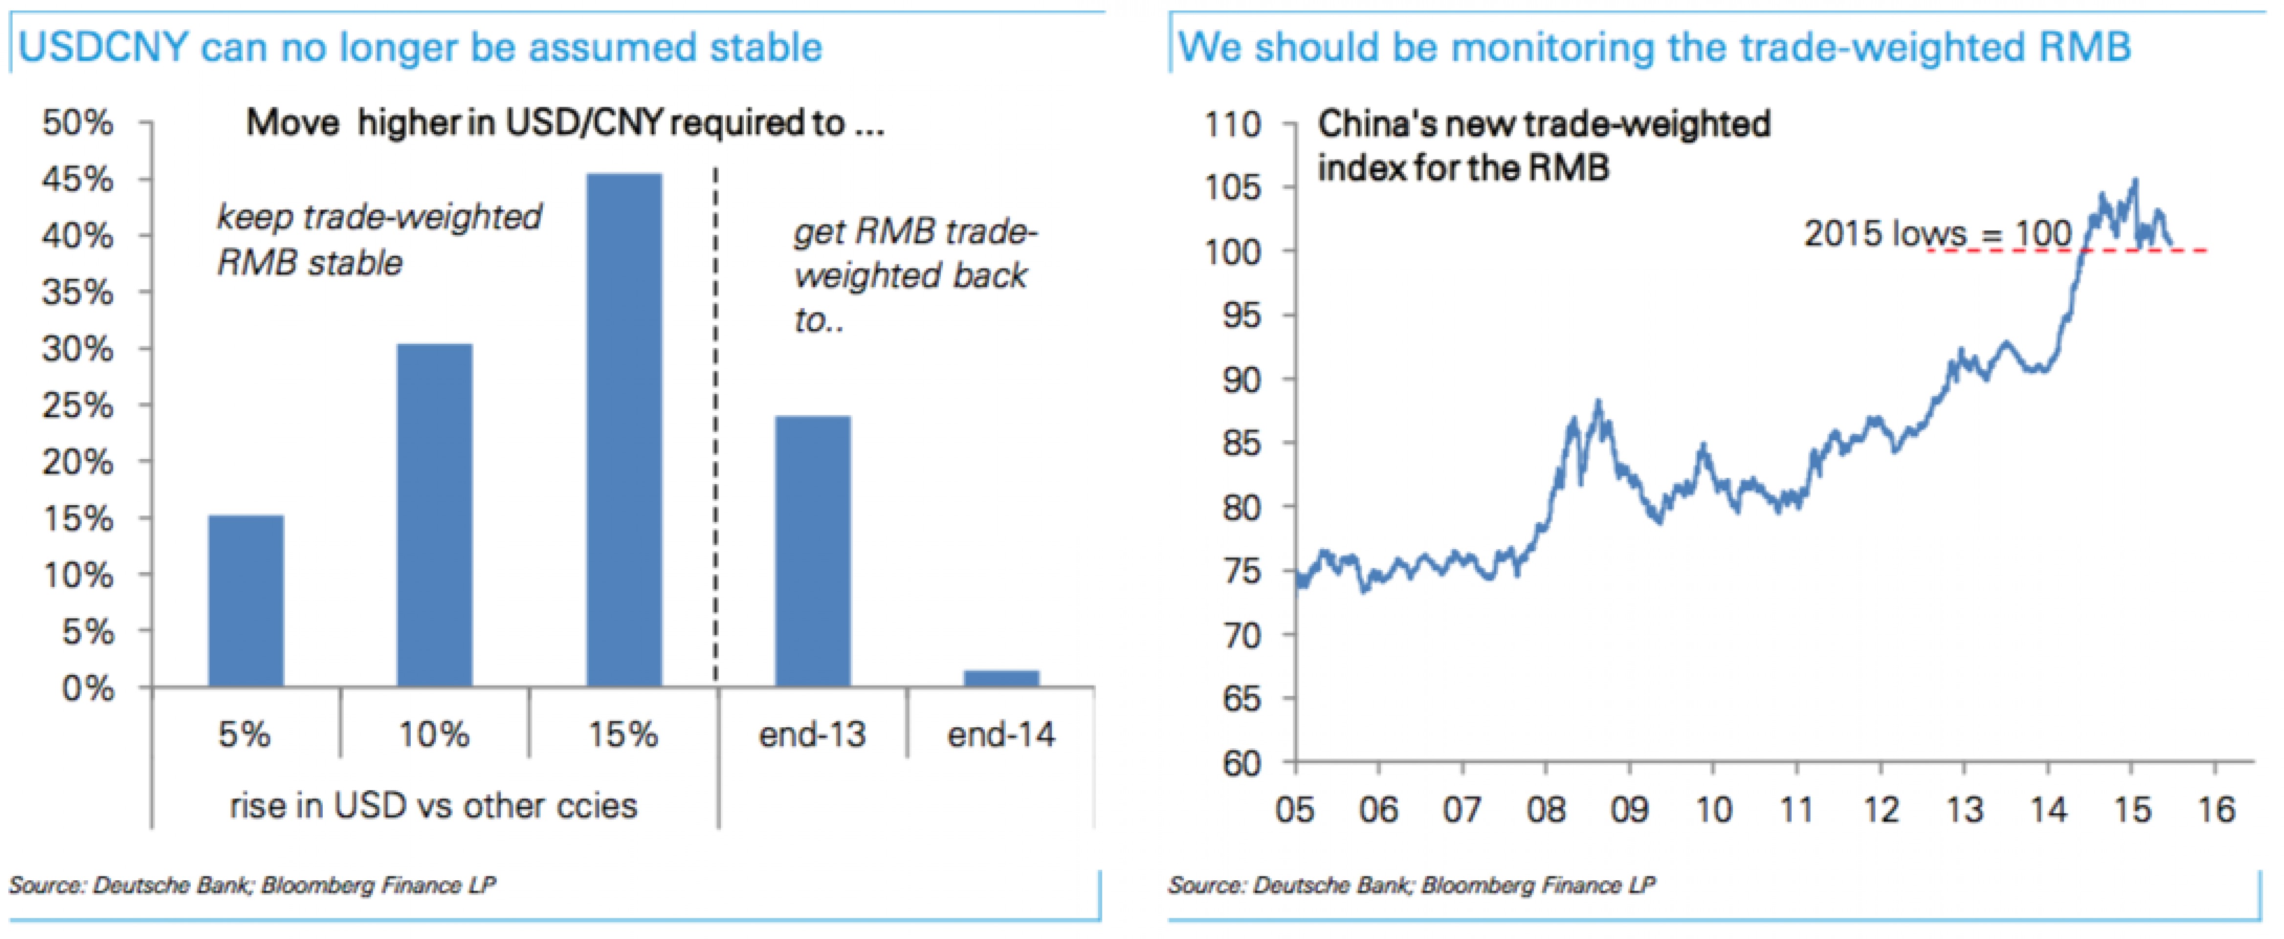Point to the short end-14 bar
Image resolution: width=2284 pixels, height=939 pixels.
[x=1001, y=678]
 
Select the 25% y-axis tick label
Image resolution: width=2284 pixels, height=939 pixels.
[x=78, y=406]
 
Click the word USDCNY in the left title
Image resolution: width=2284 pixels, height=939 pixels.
[x=103, y=47]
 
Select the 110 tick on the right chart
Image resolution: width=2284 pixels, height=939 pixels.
[x=1232, y=124]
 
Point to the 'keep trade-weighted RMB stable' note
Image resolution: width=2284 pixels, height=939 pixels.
[x=378, y=240]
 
